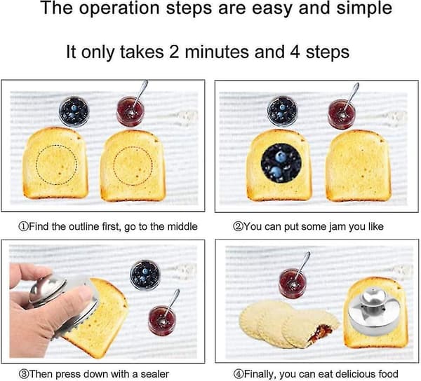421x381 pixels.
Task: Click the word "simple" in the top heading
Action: (x=364, y=8)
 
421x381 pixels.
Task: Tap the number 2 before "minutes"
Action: (x=174, y=51)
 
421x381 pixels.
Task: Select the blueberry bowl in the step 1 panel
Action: (x=74, y=111)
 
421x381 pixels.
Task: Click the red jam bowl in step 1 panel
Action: (x=131, y=111)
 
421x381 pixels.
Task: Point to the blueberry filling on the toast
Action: (x=281, y=163)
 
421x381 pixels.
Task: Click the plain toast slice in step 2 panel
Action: (x=359, y=165)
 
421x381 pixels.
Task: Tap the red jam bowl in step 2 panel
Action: (x=342, y=114)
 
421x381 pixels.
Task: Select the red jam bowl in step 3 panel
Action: (x=162, y=321)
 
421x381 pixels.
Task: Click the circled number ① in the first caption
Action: (x=23, y=227)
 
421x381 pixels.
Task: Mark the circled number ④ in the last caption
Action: (x=238, y=374)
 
